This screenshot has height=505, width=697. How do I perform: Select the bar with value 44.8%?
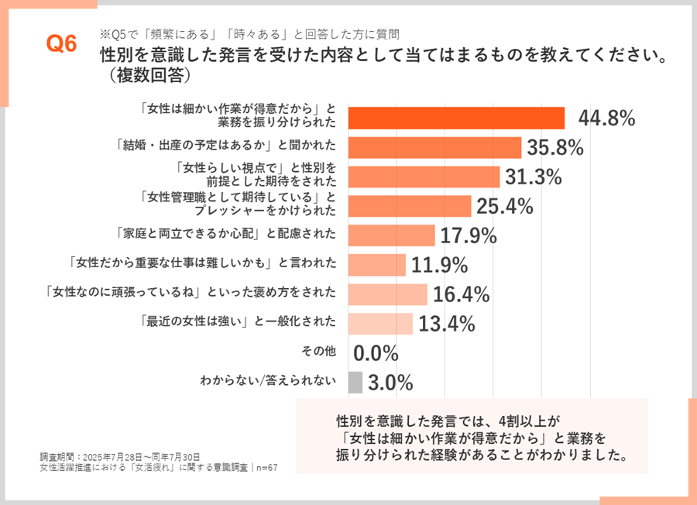point(456,118)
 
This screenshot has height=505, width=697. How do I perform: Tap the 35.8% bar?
point(434,147)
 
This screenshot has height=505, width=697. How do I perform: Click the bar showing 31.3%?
point(424,177)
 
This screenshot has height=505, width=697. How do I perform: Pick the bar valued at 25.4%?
point(410,206)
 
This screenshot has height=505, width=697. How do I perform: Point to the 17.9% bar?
point(391,235)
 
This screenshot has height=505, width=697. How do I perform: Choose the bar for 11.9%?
point(376,265)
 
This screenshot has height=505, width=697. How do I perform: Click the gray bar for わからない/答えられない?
point(355,382)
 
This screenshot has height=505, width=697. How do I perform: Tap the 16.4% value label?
point(462,294)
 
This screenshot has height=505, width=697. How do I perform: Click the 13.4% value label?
point(446,324)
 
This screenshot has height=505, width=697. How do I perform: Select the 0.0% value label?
point(376,353)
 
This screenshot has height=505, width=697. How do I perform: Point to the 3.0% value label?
point(390,382)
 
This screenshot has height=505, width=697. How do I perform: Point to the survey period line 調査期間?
point(120,457)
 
